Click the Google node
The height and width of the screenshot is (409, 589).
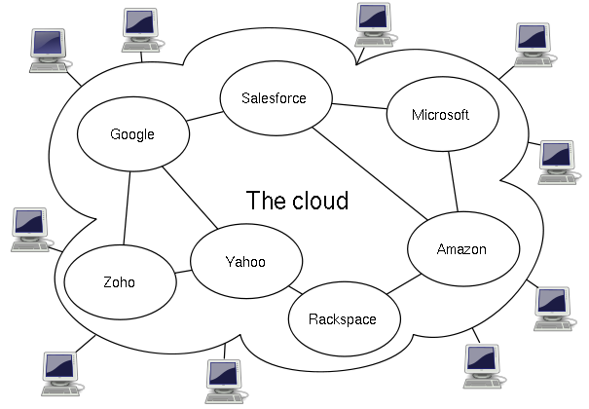point(133,134)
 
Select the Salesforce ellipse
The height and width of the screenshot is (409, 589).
point(276,98)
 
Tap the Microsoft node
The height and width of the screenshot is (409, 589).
point(443,114)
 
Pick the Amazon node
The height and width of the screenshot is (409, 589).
point(463,248)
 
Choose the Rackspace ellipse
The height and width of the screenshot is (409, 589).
point(345,318)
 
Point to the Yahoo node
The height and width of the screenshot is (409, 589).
point(246,261)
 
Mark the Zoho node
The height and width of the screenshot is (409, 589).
point(120,282)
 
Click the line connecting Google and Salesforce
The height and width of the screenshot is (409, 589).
point(204,117)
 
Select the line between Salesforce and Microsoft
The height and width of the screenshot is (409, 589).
point(359,106)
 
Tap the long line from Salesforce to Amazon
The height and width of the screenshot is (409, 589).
point(370,174)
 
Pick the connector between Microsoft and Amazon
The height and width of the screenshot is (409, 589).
point(453,182)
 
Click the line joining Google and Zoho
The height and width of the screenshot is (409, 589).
point(127,208)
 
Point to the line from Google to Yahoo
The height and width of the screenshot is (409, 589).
point(190,198)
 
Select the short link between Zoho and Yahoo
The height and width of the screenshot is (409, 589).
point(183,271)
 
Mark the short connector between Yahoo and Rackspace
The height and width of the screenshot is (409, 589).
point(296,290)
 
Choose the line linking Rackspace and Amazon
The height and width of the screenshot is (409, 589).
point(404,284)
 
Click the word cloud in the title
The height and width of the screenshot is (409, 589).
point(320,201)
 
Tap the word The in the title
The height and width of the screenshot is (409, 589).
point(267,201)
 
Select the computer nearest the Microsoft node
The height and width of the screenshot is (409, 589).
point(534,45)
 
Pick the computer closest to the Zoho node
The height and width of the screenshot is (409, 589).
point(31,230)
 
